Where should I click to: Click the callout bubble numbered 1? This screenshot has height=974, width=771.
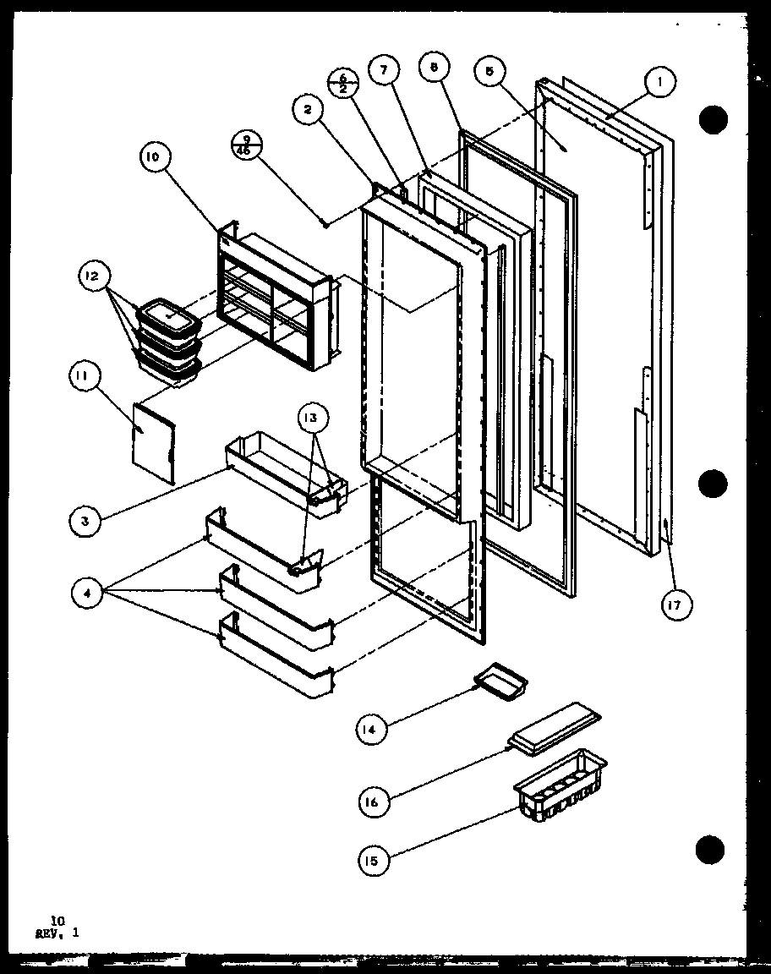click(x=660, y=83)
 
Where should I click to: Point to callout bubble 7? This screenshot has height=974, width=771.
click(x=384, y=72)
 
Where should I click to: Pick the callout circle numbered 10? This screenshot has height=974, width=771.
click(x=157, y=156)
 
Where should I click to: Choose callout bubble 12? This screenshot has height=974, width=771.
click(x=92, y=276)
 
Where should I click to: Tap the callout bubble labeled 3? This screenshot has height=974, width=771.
click(x=85, y=521)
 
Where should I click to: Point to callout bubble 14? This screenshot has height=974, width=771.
click(x=371, y=728)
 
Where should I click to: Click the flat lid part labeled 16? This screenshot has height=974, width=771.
click(x=554, y=724)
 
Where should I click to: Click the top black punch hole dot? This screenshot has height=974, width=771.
click(x=714, y=120)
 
